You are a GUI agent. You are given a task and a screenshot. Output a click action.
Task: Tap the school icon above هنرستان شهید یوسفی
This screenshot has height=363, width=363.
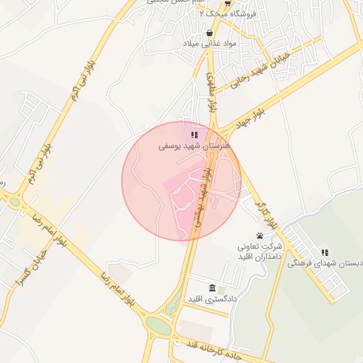click(x=194, y=134)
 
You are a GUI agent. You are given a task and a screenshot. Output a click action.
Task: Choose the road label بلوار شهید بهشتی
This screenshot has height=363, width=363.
click(x=205, y=195)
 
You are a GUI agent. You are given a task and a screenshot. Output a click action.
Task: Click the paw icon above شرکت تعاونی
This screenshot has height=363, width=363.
click(x=260, y=235)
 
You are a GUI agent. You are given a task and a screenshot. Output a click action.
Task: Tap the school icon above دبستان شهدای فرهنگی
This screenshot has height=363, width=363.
click(x=325, y=252)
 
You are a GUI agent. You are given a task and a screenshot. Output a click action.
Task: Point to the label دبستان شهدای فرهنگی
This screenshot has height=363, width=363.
click(x=325, y=263)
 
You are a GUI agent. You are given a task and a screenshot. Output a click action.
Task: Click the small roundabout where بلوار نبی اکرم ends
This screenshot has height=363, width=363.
click(x=16, y=202)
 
